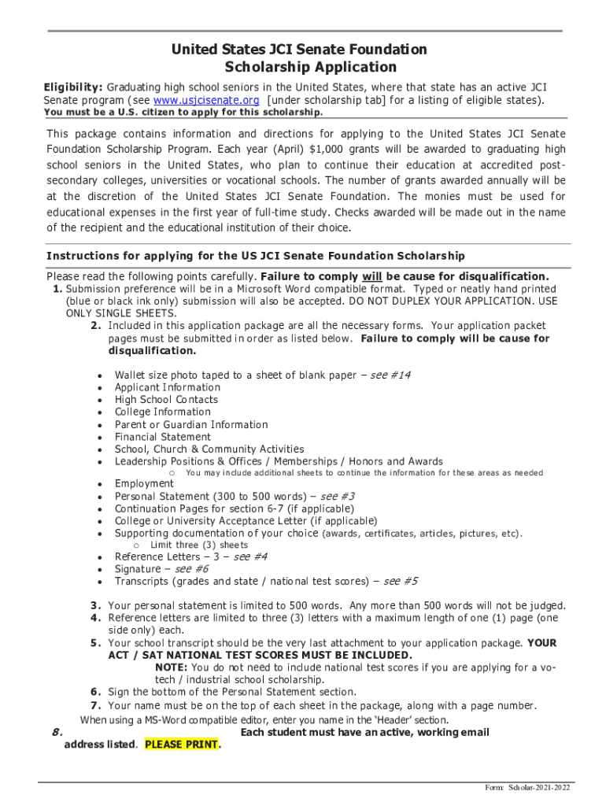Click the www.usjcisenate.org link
point(206,101)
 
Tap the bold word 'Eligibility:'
point(72,87)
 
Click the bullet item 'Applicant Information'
point(168,387)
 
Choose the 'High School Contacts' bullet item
point(166,400)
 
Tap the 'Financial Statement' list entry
point(163,437)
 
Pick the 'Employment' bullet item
point(144,483)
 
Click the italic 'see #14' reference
point(390,375)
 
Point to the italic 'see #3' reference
point(337,497)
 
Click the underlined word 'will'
point(372,276)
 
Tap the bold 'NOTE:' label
point(171,667)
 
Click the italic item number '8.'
point(57,732)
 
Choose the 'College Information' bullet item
point(163,412)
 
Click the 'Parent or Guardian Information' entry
point(191,424)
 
